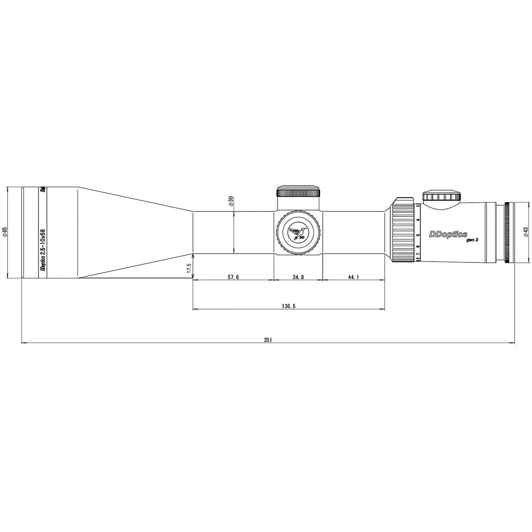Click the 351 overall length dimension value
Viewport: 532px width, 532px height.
[267, 340]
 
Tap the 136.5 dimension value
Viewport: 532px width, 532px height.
[289, 306]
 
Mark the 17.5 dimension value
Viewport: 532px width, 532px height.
[188, 268]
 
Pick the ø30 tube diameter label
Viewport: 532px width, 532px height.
[231, 202]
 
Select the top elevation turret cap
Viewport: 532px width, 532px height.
[298, 191]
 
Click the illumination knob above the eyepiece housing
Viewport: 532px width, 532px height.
[442, 196]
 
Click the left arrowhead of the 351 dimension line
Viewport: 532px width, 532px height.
[23, 343]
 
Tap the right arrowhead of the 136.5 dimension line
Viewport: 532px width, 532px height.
[383, 309]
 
